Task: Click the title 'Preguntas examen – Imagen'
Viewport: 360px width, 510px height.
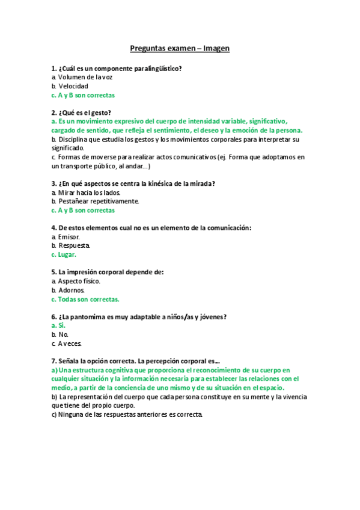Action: point(180,48)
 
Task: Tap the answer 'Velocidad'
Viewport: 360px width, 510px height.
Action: point(73,86)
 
